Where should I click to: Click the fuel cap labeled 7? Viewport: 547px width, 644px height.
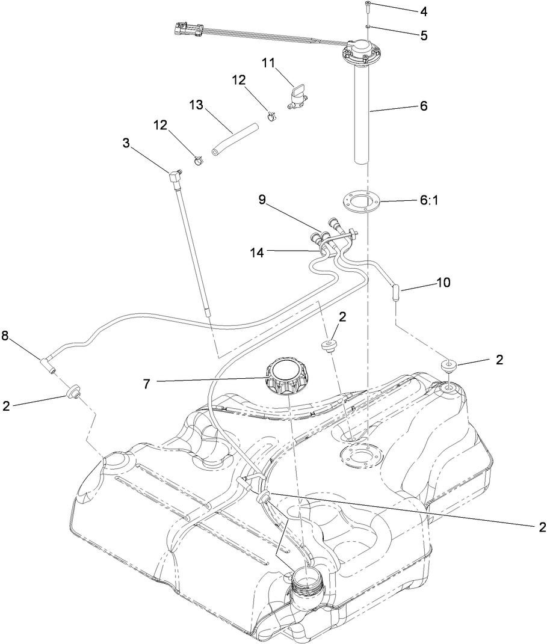point(288,375)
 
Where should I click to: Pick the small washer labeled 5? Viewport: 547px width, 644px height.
point(368,26)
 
